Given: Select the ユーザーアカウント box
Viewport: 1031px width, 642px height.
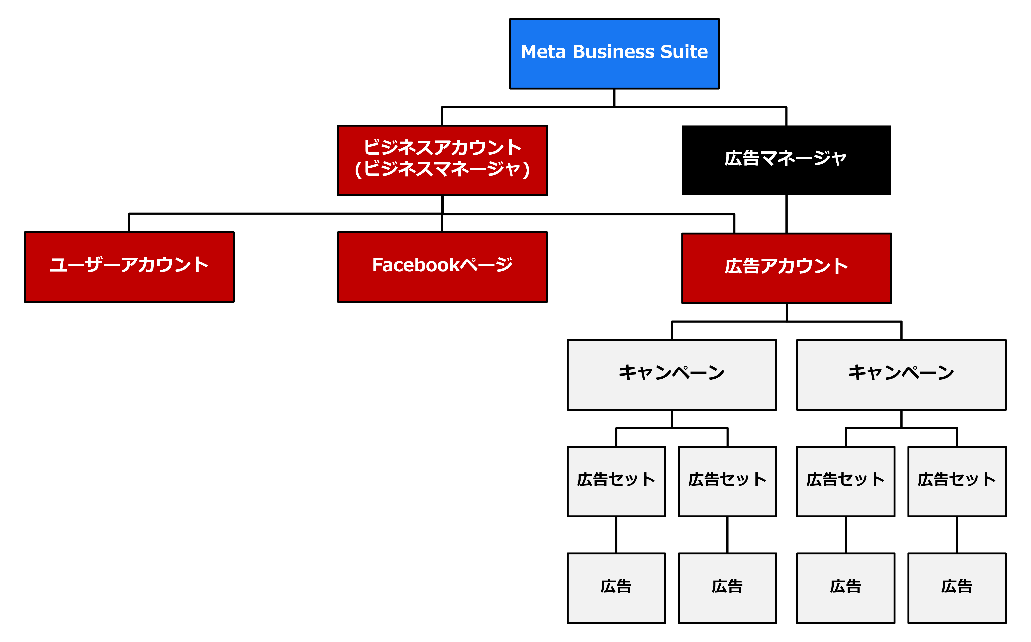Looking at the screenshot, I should [x=129, y=267].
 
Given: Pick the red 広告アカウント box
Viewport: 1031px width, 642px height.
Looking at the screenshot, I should [x=786, y=268].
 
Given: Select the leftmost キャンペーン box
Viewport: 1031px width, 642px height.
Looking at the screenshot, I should [x=672, y=375].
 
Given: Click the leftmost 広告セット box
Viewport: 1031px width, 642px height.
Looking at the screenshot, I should [x=616, y=481].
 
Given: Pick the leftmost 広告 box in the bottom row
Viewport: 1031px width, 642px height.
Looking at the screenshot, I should [x=616, y=588].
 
